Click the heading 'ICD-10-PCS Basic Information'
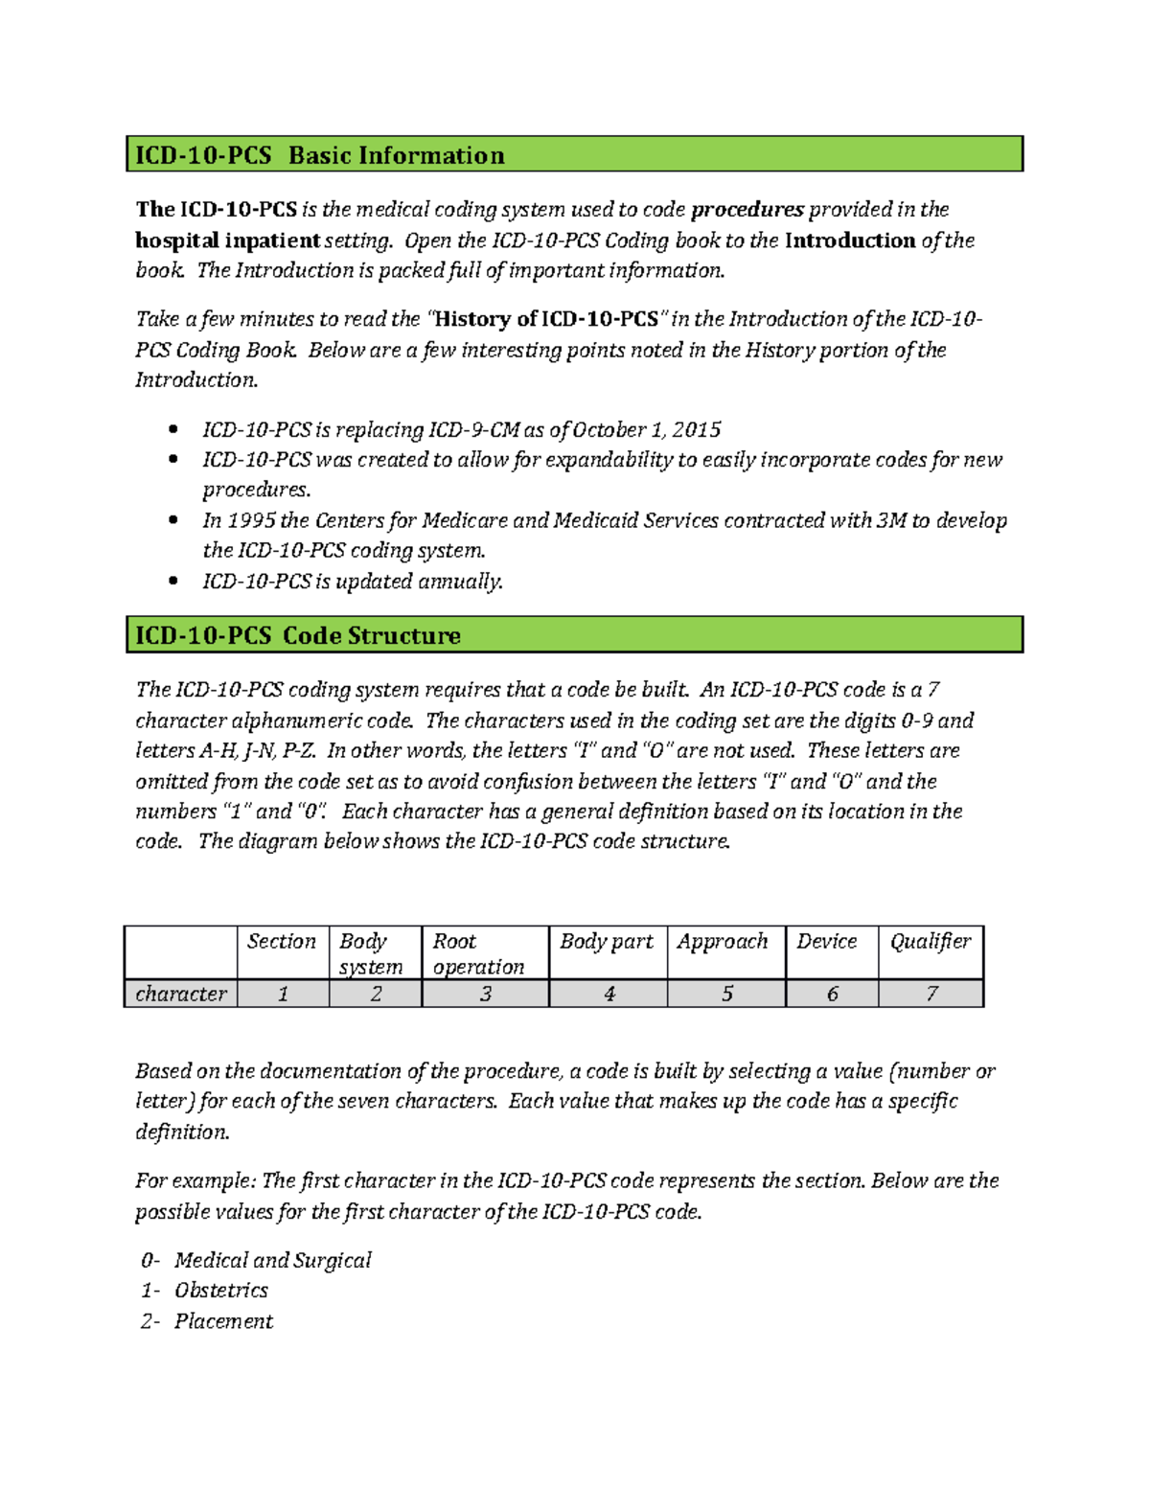click(x=319, y=155)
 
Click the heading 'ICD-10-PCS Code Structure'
click(x=297, y=635)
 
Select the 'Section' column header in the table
click(x=282, y=942)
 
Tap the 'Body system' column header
click(x=371, y=953)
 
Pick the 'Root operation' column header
click(x=478, y=953)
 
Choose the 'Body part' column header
click(x=607, y=942)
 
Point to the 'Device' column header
click(x=827, y=942)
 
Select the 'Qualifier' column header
click(x=931, y=942)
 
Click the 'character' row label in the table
click(x=181, y=994)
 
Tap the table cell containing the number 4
click(x=609, y=994)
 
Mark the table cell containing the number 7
click(x=931, y=994)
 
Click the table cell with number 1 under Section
click(x=283, y=994)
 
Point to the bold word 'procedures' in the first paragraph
click(x=747, y=210)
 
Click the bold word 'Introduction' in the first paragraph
click(x=850, y=240)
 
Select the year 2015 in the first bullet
click(x=696, y=429)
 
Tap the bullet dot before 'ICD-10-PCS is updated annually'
click(x=172, y=581)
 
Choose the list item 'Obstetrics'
click(x=221, y=1290)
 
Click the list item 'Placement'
click(x=223, y=1321)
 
